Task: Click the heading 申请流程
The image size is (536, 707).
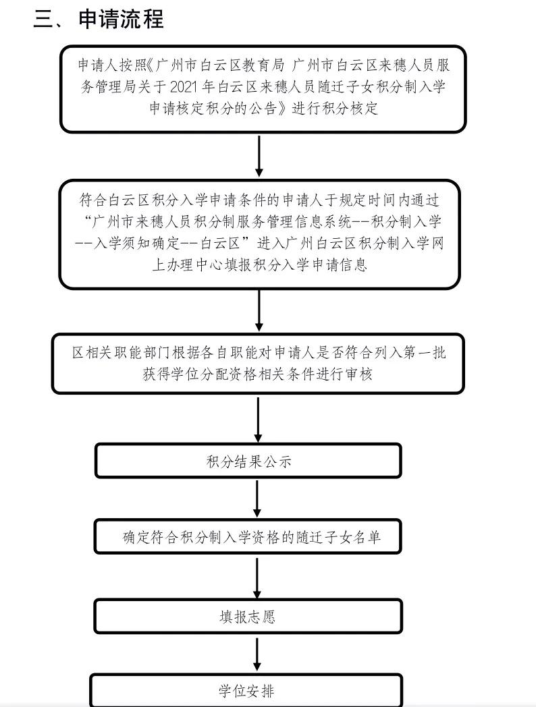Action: click(x=122, y=18)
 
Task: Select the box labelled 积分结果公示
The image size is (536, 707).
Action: click(x=248, y=461)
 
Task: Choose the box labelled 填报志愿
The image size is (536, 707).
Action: click(x=248, y=617)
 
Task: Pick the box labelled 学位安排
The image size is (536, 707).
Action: click(x=246, y=691)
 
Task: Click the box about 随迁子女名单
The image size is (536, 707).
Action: click(x=248, y=537)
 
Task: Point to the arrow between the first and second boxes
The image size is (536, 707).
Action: click(x=259, y=156)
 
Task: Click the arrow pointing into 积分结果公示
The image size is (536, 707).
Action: click(x=258, y=420)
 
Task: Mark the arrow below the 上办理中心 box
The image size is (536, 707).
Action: click(x=259, y=311)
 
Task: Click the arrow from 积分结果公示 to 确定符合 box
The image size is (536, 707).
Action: click(x=258, y=499)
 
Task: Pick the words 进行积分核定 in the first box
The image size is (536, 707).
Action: click(x=335, y=109)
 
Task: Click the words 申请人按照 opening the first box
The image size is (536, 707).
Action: click(x=111, y=65)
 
